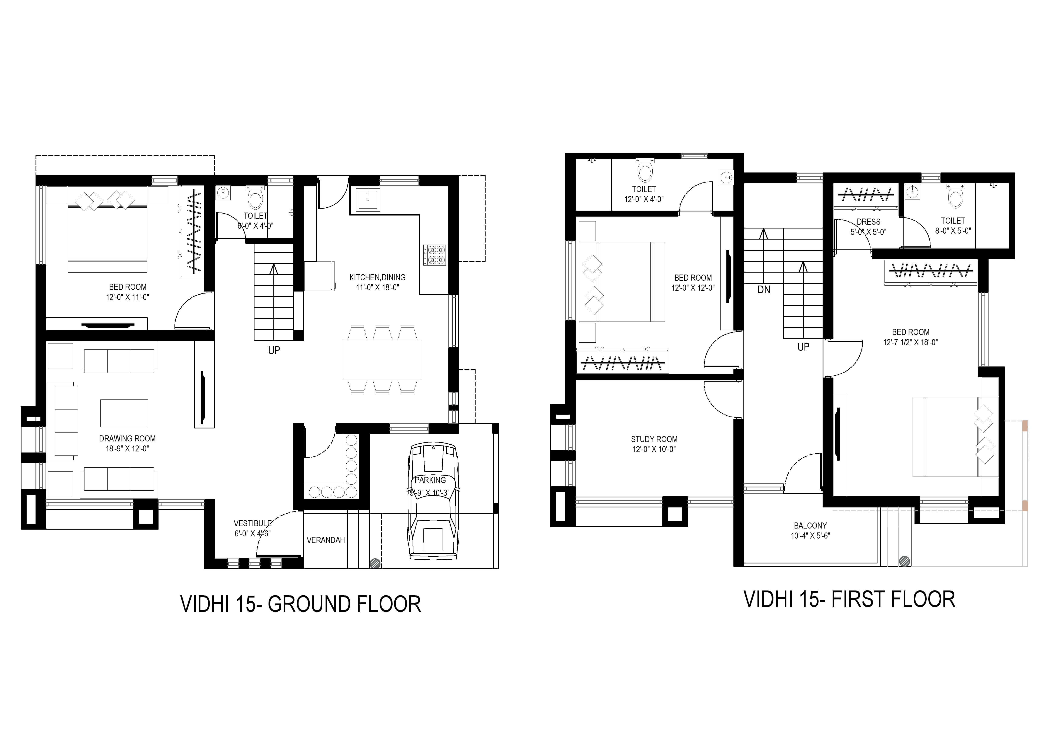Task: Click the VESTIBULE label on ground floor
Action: click(253, 523)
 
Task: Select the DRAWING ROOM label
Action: click(127, 439)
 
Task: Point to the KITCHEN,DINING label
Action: click(378, 277)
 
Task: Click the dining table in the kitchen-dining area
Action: click(382, 359)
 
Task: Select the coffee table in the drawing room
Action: click(124, 413)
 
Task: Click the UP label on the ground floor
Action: click(274, 350)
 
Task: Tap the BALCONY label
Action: click(810, 526)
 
